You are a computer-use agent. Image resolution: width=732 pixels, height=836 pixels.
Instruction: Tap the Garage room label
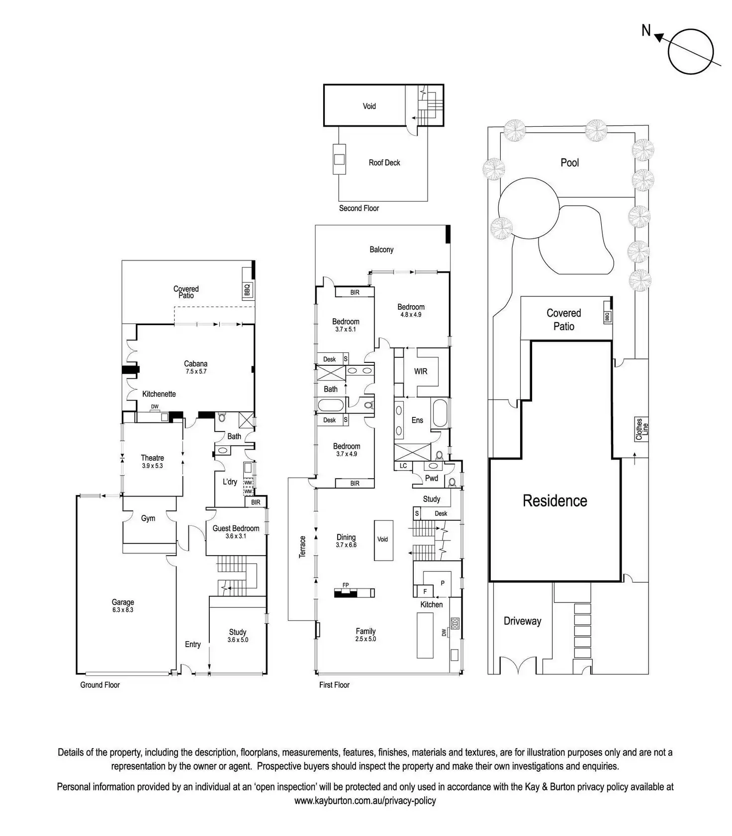123,605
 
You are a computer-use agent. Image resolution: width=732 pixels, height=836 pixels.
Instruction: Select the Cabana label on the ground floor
195,367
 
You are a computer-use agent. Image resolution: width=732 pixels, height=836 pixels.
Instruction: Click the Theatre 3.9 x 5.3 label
152,461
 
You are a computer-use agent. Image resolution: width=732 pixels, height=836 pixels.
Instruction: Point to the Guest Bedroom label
236,532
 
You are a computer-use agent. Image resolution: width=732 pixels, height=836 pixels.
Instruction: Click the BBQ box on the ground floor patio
248,289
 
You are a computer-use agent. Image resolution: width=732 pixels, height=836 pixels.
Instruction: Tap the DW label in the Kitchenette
155,407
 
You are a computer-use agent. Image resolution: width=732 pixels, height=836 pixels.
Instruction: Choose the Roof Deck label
384,163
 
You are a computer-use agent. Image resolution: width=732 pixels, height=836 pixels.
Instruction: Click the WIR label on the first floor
421,371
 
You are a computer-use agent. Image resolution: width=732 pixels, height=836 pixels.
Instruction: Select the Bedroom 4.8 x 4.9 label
411,310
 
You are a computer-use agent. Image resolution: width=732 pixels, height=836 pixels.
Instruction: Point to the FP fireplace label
346,585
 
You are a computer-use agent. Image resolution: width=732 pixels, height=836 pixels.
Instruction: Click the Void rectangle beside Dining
383,541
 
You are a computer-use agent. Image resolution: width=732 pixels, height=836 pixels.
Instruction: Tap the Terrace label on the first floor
302,547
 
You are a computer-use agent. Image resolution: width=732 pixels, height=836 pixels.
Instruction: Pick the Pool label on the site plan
570,163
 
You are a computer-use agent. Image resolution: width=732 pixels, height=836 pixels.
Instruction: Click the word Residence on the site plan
555,501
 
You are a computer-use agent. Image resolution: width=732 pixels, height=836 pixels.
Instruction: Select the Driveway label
522,621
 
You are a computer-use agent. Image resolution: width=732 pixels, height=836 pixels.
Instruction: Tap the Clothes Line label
642,429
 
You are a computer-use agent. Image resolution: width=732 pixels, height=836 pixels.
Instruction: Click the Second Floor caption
359,208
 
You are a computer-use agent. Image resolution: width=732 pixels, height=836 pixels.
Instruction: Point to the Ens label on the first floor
417,420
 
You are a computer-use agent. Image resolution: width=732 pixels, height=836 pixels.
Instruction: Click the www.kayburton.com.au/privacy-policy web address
365,801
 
